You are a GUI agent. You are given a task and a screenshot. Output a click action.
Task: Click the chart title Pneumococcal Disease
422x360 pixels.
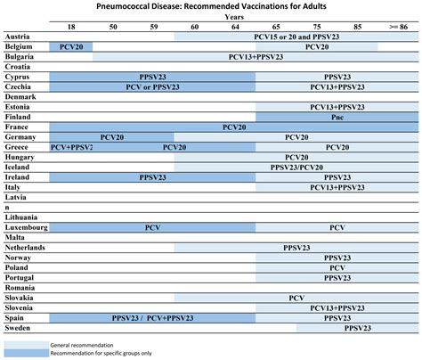210,6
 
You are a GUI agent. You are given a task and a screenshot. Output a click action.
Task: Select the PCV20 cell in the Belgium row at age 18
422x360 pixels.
70,45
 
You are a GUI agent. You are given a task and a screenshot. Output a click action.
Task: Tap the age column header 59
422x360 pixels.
153,27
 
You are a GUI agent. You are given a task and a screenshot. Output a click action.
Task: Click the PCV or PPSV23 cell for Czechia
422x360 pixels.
152,86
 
